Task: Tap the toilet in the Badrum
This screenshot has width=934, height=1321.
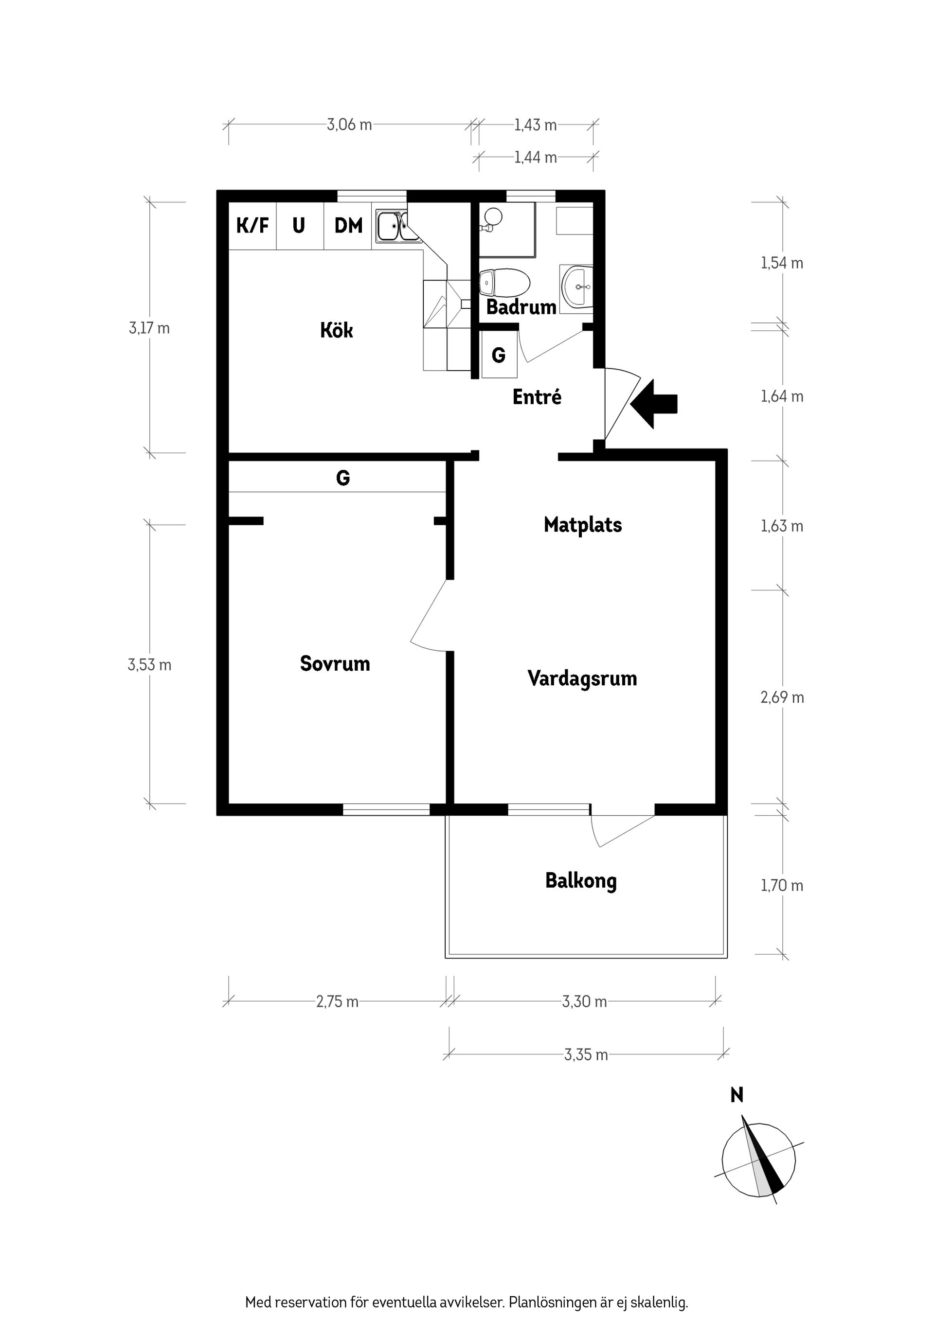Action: click(x=504, y=283)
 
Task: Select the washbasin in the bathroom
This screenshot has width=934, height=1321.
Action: click(x=577, y=286)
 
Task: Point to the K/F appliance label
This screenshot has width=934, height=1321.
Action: click(x=252, y=226)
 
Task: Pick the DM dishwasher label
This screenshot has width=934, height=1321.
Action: click(x=348, y=226)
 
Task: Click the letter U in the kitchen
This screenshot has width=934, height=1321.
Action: click(x=298, y=226)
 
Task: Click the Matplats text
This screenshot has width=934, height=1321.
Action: click(x=582, y=525)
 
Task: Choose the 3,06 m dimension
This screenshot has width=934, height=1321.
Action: click(x=349, y=125)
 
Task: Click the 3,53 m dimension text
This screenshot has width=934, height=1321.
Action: click(x=150, y=665)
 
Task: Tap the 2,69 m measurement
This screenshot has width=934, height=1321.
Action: click(x=782, y=697)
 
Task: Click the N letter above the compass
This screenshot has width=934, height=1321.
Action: click(x=736, y=1095)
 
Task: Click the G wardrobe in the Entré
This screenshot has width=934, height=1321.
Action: click(x=498, y=356)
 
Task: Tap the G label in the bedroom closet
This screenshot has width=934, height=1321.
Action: click(x=342, y=478)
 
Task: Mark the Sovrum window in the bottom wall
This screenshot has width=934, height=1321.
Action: click(x=386, y=809)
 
